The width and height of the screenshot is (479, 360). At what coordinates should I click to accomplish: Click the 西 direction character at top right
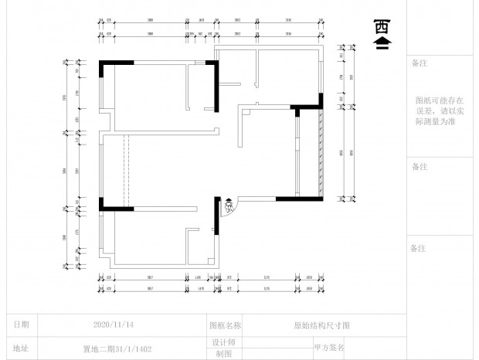(381, 27)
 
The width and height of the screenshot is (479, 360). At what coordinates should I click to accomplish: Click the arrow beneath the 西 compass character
(381, 44)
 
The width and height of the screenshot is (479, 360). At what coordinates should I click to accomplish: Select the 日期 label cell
(22, 324)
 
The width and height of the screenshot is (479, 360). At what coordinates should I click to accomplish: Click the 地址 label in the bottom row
(22, 348)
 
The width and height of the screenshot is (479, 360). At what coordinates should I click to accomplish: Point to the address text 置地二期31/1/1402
(111, 348)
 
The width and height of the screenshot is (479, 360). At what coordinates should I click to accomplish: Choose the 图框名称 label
(225, 326)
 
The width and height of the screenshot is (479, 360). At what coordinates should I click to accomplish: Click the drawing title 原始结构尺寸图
(322, 326)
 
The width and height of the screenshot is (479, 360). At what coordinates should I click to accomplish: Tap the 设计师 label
(223, 341)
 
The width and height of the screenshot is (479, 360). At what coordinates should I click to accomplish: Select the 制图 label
(223, 353)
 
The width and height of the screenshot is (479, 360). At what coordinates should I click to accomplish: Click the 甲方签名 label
(329, 348)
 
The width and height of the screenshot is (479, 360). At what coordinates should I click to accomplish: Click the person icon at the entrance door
(229, 206)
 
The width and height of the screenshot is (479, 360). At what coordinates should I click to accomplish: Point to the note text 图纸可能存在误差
(440, 110)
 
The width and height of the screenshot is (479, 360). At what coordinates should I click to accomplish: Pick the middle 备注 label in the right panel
(420, 166)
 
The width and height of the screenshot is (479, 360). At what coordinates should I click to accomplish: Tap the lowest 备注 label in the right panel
(420, 248)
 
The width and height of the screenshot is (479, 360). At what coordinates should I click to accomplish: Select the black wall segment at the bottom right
(299, 199)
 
